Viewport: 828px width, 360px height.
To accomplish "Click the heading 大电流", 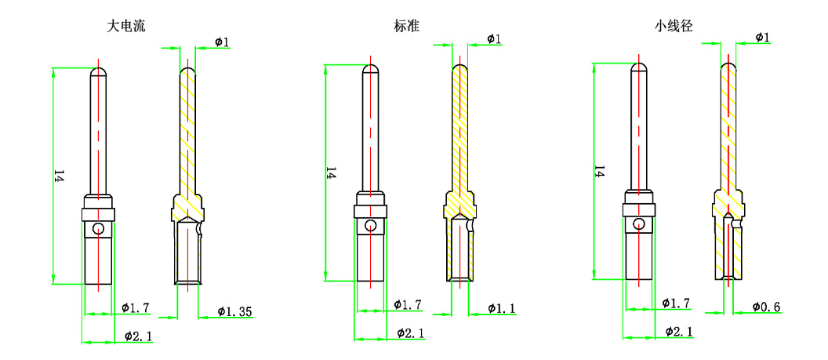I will [x=126, y=26].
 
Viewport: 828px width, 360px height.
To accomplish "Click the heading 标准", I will [x=406, y=26].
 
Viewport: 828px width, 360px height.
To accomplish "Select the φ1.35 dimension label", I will [x=234, y=311].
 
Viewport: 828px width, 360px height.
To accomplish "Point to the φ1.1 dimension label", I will [x=501, y=308].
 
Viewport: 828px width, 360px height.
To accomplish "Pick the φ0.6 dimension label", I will [x=765, y=307].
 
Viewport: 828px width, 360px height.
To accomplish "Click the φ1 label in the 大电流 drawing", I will [x=221, y=41].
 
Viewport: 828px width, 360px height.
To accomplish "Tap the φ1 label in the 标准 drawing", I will [x=494, y=38].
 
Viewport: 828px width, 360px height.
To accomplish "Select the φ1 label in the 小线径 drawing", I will [x=762, y=37].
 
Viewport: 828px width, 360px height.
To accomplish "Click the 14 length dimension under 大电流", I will [x=57, y=176].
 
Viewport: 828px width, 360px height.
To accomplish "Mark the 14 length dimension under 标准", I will [x=330, y=173].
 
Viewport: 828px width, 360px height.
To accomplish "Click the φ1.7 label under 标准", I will [x=407, y=304].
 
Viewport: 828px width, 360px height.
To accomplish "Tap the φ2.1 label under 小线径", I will [x=678, y=332].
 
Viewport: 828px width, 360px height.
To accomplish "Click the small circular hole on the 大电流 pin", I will [x=98, y=229].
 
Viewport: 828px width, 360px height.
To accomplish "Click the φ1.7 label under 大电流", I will [x=136, y=307].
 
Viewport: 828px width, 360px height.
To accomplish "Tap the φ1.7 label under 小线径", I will [x=675, y=303].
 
